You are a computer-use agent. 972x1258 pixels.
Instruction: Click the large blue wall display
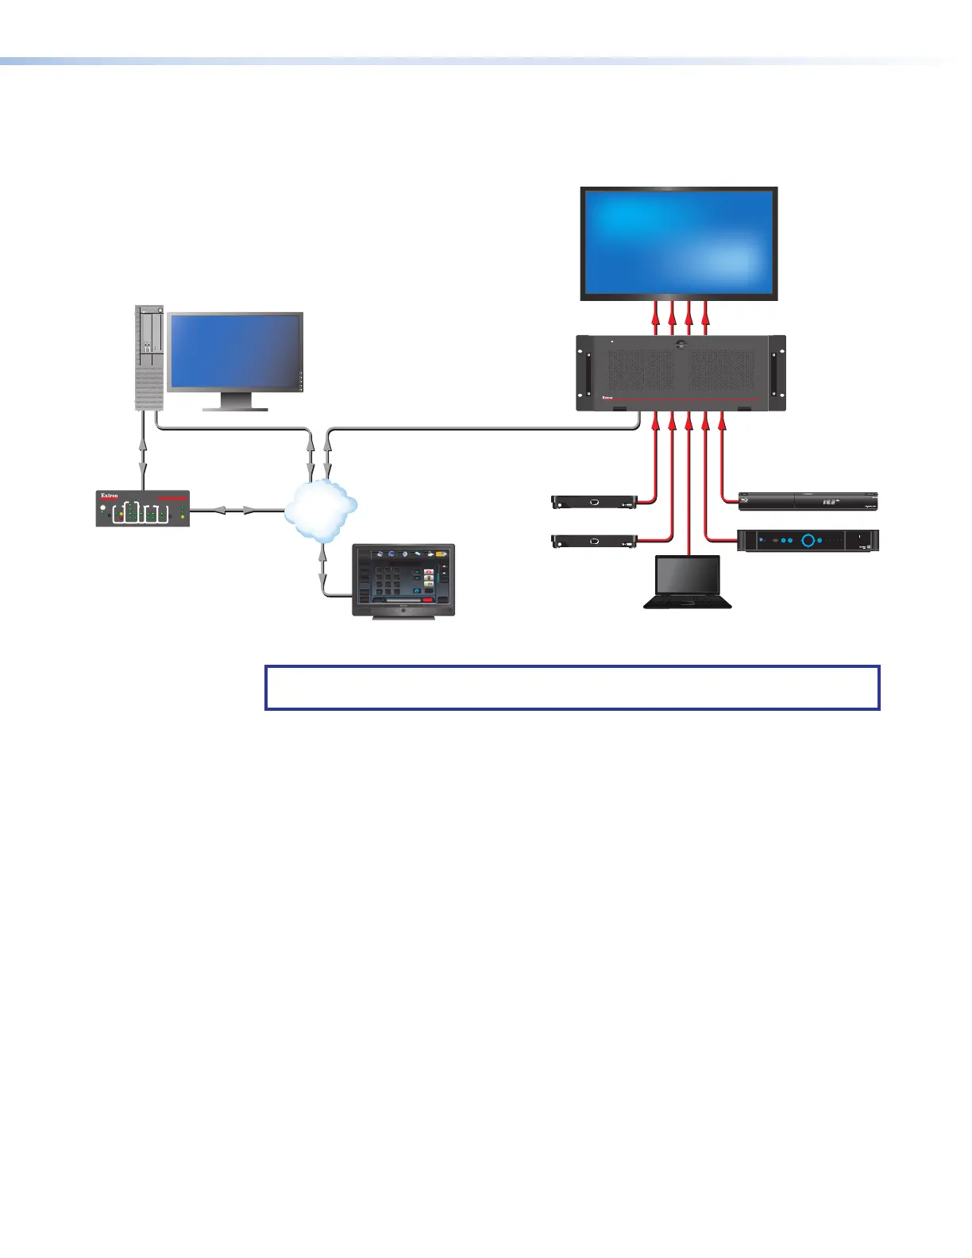click(679, 242)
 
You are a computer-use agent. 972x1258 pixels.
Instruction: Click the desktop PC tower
click(148, 357)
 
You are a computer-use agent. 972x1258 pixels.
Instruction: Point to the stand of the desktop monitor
click(235, 403)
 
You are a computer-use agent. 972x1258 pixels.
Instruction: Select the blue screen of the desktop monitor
click(234, 352)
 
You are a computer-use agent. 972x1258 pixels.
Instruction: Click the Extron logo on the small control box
click(110, 496)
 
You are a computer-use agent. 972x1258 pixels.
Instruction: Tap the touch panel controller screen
click(403, 580)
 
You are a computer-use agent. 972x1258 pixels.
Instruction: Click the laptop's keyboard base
click(687, 601)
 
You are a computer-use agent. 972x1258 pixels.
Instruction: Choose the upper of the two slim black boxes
click(594, 501)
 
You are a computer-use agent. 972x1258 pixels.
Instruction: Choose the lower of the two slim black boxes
click(594, 542)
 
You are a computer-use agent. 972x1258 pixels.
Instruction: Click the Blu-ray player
click(808, 501)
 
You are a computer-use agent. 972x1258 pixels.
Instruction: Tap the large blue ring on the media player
click(808, 540)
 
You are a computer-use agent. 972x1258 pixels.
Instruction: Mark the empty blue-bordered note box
click(572, 687)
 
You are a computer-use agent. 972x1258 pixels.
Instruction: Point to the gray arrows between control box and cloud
click(237, 510)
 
